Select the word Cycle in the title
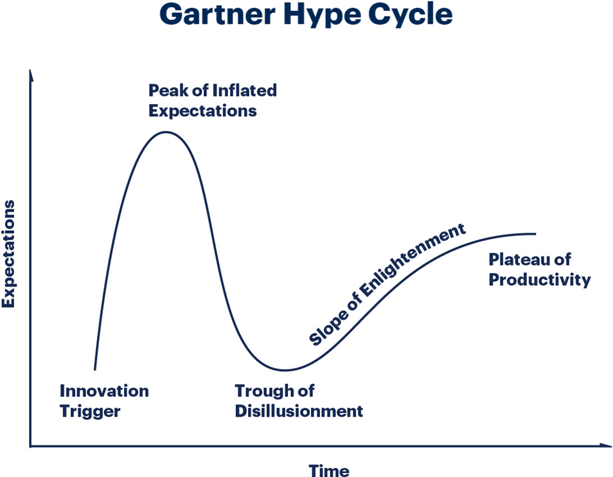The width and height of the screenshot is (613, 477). [411, 15]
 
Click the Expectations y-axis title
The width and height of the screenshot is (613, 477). [8, 254]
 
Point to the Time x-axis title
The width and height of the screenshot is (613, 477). [329, 471]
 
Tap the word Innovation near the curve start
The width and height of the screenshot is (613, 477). [104, 391]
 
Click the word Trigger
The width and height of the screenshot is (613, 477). [90, 412]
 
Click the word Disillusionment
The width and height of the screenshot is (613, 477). [299, 411]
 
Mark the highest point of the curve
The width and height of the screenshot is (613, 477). [166, 132]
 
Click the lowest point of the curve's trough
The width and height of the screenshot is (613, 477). [285, 370]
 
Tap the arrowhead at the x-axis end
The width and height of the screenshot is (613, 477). [606, 445]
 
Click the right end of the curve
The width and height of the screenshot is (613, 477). [535, 234]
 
